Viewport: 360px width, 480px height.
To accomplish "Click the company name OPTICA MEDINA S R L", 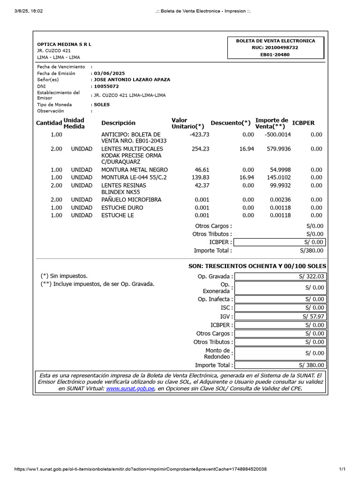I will click(x=64, y=44).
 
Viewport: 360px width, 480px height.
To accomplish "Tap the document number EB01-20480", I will click(x=275, y=54).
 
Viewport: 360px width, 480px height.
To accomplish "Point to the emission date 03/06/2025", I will click(x=109, y=73).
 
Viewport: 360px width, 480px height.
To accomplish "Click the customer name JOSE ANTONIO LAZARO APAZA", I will click(x=132, y=80).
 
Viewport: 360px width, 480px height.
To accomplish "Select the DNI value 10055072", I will click(x=106, y=86).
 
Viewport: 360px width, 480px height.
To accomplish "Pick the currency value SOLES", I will click(x=102, y=105).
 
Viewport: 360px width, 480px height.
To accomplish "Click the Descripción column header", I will click(x=118, y=123).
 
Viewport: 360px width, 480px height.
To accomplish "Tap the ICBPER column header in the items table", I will click(x=303, y=123).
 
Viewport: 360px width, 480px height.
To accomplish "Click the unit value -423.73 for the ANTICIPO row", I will click(x=199, y=135).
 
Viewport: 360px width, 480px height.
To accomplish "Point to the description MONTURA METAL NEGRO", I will click(x=134, y=170).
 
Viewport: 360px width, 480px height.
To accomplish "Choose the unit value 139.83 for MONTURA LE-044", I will click(x=200, y=178).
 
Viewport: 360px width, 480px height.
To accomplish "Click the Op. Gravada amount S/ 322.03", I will click(x=311, y=277).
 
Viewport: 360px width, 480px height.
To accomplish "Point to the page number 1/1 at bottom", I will click(x=342, y=469).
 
